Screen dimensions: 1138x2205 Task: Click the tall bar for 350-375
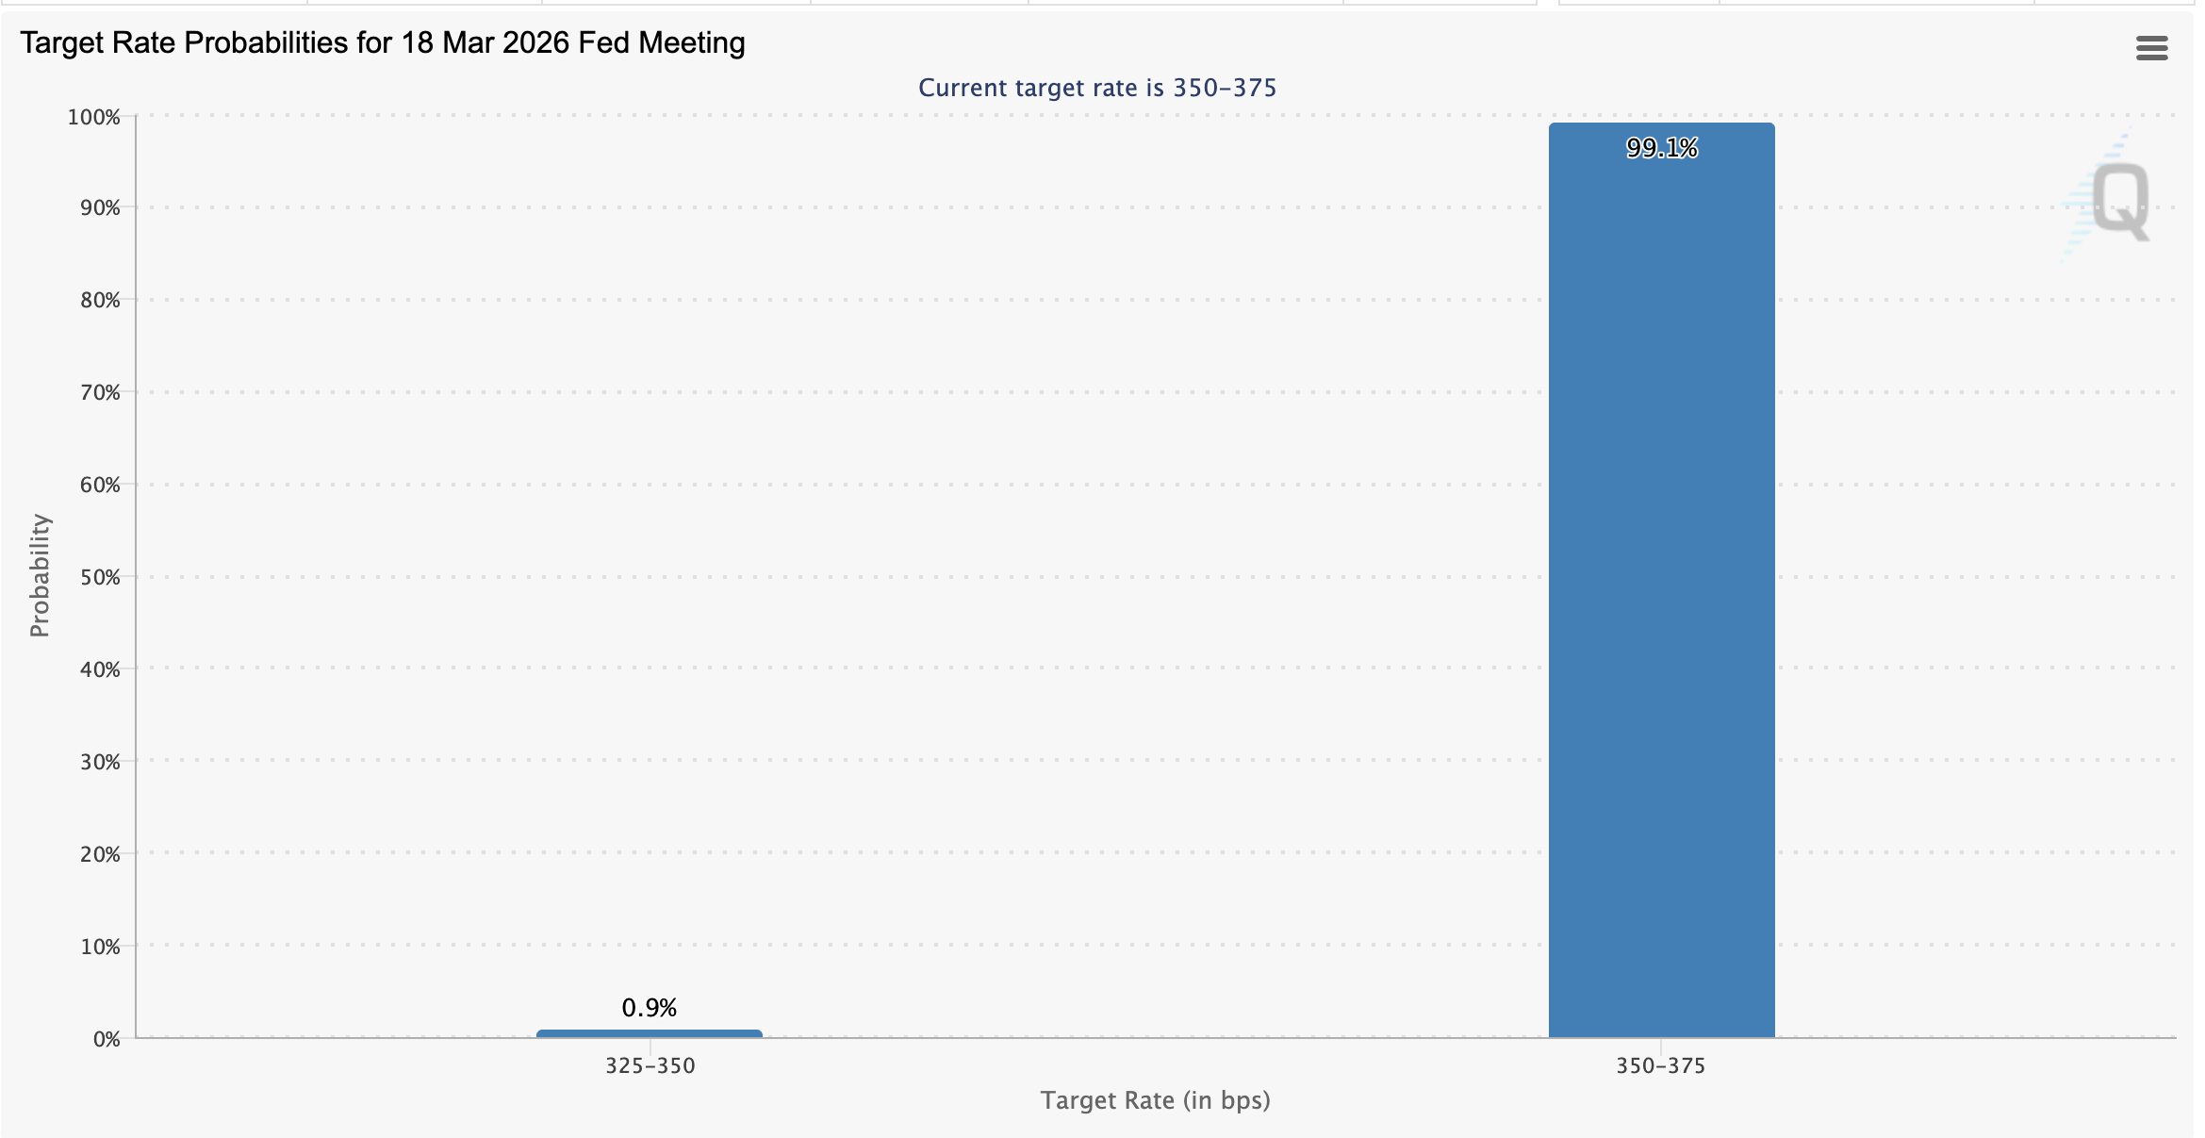pos(1661,585)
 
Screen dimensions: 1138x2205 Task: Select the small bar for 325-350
pos(650,1033)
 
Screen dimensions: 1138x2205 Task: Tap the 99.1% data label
pos(1661,148)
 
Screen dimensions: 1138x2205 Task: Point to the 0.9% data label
pos(650,1008)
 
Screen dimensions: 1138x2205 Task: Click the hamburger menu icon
pos(2151,48)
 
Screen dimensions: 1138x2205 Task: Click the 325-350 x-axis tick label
pos(650,1065)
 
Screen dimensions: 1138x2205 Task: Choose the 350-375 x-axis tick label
pos(1661,1065)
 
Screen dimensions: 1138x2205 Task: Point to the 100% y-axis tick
pos(94,117)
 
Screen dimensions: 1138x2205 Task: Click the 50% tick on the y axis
pos(100,577)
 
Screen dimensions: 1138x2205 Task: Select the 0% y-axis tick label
pos(107,1039)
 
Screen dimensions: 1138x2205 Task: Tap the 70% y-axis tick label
pos(100,392)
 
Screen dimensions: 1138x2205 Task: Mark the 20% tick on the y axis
pos(100,854)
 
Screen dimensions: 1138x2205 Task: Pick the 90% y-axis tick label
pos(100,207)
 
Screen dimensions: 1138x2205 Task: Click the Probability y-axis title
pos(40,575)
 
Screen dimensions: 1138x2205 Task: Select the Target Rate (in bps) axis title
pos(1155,1100)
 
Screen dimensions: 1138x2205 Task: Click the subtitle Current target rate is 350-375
pos(1097,88)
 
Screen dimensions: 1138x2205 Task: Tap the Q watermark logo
pos(2119,200)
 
